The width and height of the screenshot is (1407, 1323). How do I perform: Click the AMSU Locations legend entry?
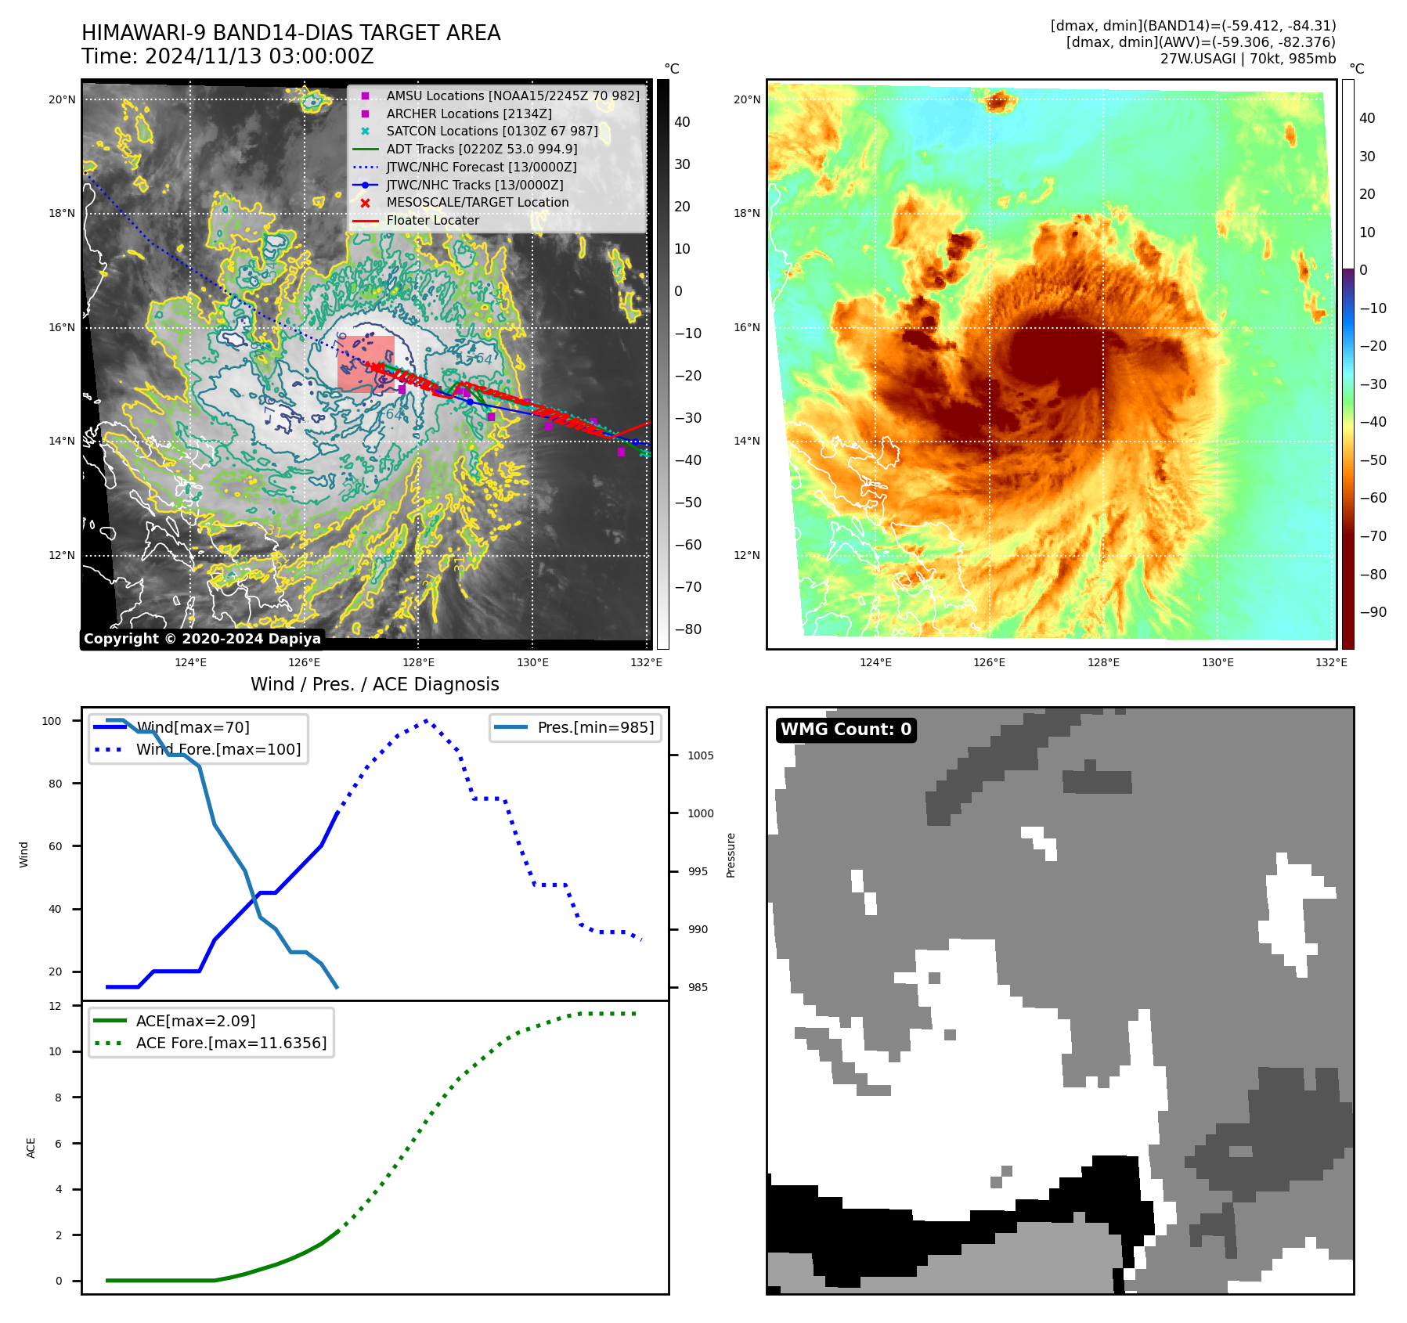click(x=512, y=96)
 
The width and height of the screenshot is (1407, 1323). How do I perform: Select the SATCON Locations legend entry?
click(x=492, y=131)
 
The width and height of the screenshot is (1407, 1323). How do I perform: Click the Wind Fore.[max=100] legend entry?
click(x=218, y=749)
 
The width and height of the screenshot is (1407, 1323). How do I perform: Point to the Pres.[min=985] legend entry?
click(x=595, y=727)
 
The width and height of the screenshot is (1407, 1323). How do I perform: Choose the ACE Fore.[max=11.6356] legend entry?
click(x=231, y=1043)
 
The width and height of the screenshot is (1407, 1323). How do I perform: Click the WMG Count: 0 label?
click(x=846, y=730)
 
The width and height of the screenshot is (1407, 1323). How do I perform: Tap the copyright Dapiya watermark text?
click(x=202, y=639)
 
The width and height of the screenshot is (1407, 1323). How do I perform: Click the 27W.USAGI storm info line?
click(x=1247, y=59)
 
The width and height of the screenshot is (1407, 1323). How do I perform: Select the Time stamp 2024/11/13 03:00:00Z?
click(x=228, y=56)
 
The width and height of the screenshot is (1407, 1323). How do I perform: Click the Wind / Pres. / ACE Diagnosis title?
click(x=374, y=684)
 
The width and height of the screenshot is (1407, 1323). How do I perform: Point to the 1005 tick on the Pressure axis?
click(x=700, y=755)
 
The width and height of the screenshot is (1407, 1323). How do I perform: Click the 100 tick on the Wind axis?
click(x=52, y=721)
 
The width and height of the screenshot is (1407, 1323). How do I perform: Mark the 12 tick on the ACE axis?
click(x=55, y=1006)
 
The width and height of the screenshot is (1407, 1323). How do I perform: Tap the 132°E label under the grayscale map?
click(x=646, y=662)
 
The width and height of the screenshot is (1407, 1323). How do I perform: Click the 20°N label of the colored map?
click(x=747, y=99)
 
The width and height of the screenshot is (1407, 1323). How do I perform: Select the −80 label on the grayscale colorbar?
click(x=688, y=629)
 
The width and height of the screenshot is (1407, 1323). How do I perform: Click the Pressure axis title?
click(x=731, y=855)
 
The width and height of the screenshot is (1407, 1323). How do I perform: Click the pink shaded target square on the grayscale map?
click(x=366, y=362)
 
